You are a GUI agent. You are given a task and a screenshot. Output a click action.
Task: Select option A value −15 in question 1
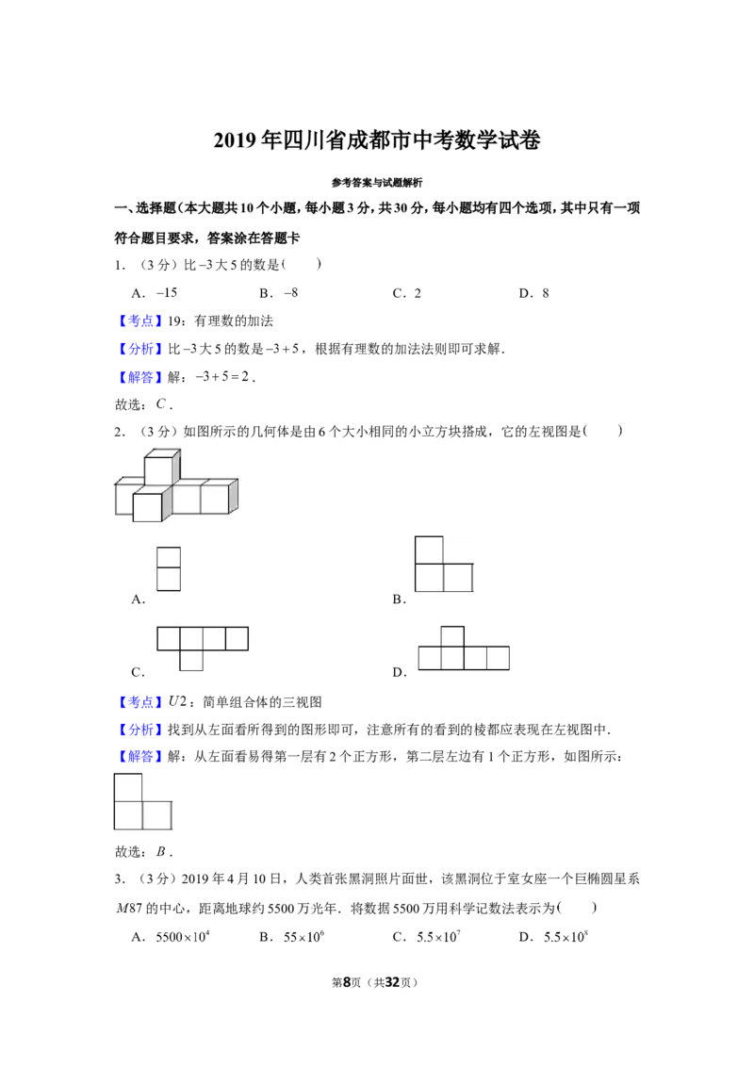[x=167, y=292]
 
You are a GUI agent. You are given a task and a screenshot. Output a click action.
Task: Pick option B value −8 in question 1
[x=290, y=292]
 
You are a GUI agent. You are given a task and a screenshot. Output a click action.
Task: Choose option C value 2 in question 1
[x=418, y=293]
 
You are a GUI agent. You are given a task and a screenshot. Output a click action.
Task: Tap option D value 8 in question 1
[x=545, y=293]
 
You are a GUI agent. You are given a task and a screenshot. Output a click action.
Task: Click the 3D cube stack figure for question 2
[x=176, y=485]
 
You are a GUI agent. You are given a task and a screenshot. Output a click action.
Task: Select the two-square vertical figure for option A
[x=169, y=569]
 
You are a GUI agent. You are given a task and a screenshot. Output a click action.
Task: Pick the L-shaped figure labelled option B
[x=444, y=564]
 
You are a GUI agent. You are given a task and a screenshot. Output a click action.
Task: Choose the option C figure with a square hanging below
[x=203, y=648]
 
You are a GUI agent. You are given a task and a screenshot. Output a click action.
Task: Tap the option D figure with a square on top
[x=464, y=648]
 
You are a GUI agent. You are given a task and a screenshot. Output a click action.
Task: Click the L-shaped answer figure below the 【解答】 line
[x=143, y=801]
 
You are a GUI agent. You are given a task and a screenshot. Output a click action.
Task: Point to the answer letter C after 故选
[x=160, y=403]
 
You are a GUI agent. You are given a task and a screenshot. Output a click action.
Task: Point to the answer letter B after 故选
[x=160, y=851]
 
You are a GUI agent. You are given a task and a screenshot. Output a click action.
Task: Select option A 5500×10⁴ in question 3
[x=183, y=936]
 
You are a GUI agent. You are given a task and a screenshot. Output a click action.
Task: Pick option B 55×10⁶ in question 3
[x=303, y=936]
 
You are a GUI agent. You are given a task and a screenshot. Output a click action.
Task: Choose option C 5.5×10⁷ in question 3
[x=438, y=936]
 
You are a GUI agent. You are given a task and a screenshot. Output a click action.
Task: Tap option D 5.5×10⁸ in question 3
[x=565, y=936]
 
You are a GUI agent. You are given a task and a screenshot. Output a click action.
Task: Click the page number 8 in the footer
[x=347, y=982]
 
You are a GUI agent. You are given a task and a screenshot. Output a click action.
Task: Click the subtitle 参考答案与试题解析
[x=377, y=182]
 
